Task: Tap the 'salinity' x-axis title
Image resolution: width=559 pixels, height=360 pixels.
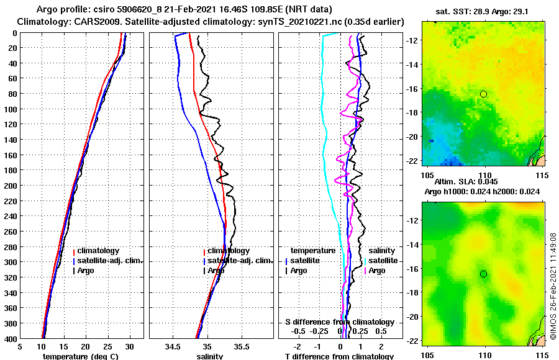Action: click(209, 356)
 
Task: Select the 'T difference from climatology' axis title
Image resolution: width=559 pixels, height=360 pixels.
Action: click(339, 356)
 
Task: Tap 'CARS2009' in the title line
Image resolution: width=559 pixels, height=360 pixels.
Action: click(84, 22)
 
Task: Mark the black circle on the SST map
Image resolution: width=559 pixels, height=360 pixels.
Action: click(483, 94)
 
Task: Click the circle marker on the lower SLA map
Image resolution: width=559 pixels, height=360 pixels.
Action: click(483, 274)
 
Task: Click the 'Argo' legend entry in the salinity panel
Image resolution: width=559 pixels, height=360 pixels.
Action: click(216, 271)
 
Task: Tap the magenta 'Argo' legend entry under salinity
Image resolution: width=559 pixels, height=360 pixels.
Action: click(377, 271)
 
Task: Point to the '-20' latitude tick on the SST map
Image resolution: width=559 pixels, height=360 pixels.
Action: click(412, 137)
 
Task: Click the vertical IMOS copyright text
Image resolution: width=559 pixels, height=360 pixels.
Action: click(553, 287)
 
